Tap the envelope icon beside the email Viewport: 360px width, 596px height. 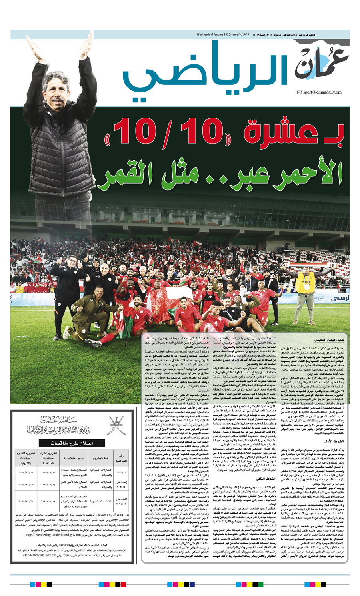tap(299, 92)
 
